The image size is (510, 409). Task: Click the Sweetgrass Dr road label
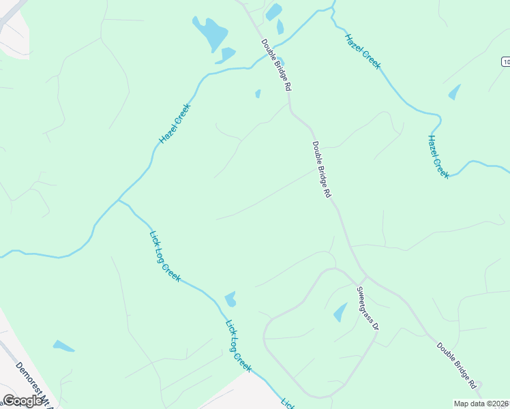pos(367,308)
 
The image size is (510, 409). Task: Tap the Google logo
pos(23,401)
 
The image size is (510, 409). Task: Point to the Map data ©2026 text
pos(481,404)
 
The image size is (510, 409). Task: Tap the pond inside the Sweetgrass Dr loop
pos(340,312)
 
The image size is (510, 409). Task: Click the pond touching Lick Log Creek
pos(230,299)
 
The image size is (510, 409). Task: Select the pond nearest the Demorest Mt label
pos(63,346)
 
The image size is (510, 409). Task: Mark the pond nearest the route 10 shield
pos(454,92)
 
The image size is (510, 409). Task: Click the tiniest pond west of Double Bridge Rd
pos(258,93)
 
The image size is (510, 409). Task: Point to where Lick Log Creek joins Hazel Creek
pos(119,200)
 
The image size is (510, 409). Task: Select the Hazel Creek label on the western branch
pos(175,123)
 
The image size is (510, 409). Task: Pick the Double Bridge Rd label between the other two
pos(322,169)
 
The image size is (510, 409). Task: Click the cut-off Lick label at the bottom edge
pos(288,403)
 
